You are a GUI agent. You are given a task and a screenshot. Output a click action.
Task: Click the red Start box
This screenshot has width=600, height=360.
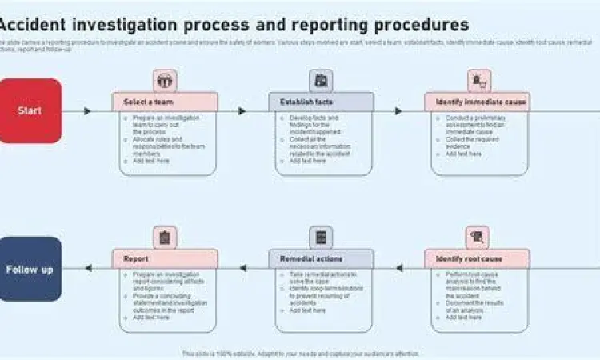[30, 110]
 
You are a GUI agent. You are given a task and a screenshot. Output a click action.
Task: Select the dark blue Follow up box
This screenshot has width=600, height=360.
[30, 269]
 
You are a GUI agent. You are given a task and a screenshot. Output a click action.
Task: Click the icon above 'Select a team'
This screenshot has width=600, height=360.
[165, 80]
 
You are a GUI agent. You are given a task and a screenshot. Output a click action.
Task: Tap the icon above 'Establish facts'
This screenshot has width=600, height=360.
[321, 80]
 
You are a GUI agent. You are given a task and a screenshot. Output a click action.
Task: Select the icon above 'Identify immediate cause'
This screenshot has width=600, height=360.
[478, 80]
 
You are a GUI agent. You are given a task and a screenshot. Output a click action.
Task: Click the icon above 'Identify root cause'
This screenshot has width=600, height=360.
[478, 237]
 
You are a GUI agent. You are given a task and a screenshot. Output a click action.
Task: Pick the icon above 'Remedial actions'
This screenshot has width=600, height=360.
[321, 237]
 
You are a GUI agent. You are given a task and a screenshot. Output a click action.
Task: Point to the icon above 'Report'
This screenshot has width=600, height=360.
[165, 237]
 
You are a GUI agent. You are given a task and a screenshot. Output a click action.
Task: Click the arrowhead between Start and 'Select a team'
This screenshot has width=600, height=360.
[87, 110]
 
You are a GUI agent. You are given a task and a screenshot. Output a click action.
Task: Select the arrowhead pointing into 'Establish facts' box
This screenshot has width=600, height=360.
[242, 110]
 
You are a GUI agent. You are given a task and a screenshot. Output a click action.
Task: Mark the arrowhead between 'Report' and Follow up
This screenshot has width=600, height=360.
[88, 268]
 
